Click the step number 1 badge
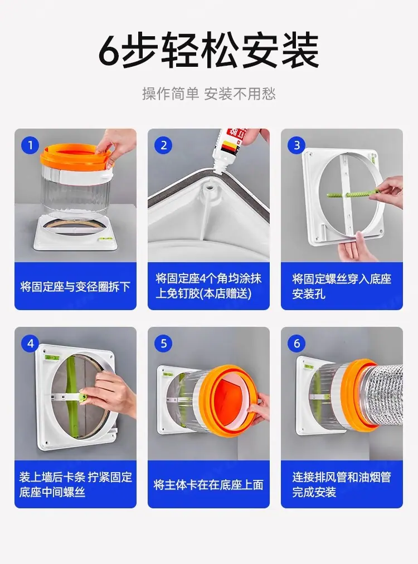click(x=30, y=145)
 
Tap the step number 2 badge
click(x=163, y=145)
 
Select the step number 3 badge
click(x=297, y=145)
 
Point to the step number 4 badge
click(x=30, y=344)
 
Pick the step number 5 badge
click(x=163, y=344)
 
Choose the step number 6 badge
click(x=297, y=344)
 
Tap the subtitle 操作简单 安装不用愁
click(x=209, y=94)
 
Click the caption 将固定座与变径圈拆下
click(x=75, y=287)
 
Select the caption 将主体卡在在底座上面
click(x=208, y=485)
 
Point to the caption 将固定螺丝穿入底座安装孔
click(x=341, y=286)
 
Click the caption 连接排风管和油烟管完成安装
click(x=341, y=484)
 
